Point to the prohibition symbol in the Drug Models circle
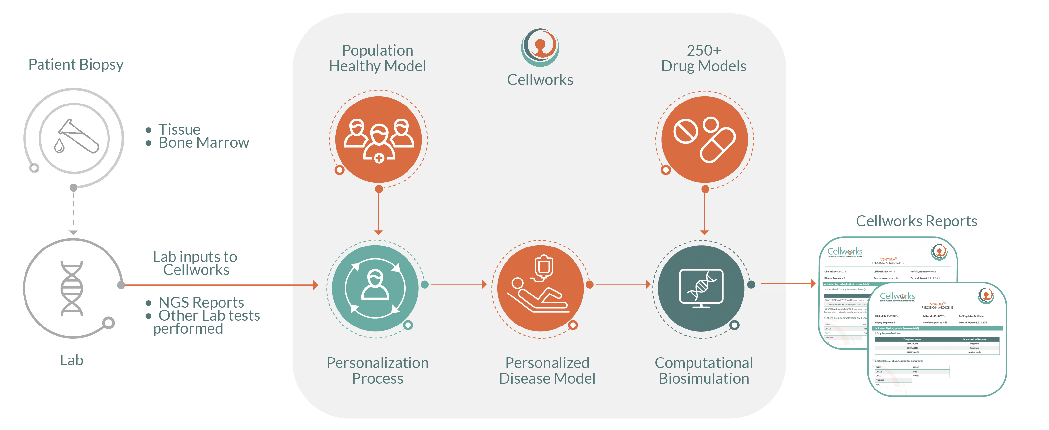coord(686,131)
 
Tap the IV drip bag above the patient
coord(543,267)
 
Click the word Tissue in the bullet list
coord(179,129)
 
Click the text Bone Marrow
coord(204,143)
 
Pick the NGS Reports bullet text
coord(201,302)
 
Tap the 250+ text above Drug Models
coord(703,51)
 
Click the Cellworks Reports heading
coord(916,221)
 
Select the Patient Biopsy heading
coord(76,64)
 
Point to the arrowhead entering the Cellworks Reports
coord(813,283)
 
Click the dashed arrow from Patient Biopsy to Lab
coord(73,212)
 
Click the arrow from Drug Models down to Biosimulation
coord(705,212)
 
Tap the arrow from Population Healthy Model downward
coord(378,212)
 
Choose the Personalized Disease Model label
coord(547,370)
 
